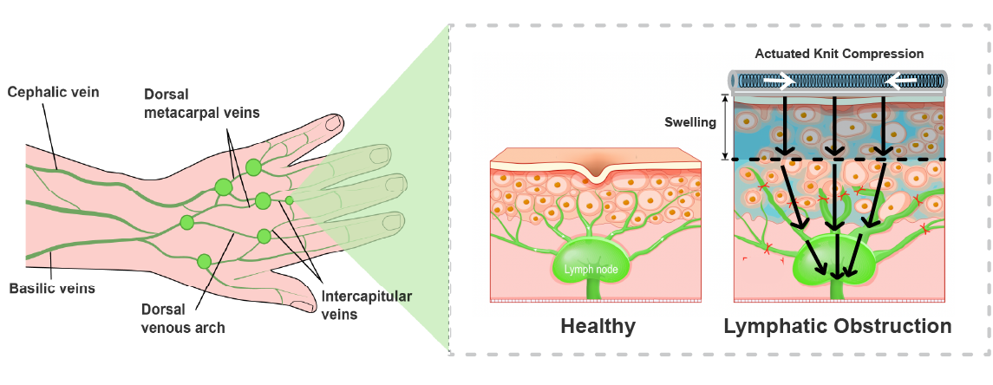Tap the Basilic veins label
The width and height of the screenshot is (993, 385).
[x=52, y=287]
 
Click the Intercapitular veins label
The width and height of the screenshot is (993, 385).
[x=366, y=304]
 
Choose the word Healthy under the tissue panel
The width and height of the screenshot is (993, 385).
[x=598, y=327]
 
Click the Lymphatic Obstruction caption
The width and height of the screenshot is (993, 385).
[x=837, y=327]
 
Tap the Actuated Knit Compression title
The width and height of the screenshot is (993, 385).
[x=839, y=54]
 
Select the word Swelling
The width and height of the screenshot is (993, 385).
[x=689, y=122]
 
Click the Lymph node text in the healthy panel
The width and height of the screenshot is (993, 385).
[x=591, y=270]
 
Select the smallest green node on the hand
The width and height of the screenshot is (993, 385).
[x=290, y=200]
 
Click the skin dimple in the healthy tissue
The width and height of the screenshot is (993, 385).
[x=595, y=173]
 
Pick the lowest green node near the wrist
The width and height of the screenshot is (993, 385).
[x=204, y=261]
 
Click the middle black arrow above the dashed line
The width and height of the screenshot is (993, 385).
[x=833, y=126]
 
